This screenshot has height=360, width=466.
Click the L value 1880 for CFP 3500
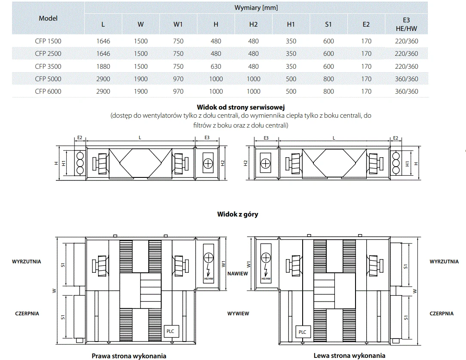point(103,67)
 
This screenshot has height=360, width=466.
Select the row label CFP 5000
point(48,79)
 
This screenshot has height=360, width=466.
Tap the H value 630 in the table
point(216,67)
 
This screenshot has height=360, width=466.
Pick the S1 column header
point(328,24)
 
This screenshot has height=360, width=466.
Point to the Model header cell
point(48,18)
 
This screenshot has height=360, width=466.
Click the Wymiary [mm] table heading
point(256,8)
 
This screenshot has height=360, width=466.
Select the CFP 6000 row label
point(48,92)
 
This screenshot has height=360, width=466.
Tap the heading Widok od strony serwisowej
point(241,107)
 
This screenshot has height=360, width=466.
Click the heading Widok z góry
point(238,214)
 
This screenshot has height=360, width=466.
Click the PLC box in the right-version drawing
point(170,332)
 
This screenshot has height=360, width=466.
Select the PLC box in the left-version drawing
point(302,332)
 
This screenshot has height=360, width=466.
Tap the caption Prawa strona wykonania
point(129,356)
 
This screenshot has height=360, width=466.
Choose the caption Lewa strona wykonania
point(349,355)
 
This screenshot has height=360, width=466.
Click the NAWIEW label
point(238,274)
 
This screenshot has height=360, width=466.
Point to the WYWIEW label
point(238,314)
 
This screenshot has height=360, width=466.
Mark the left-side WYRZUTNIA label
point(27,262)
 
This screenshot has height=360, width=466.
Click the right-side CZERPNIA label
point(441,314)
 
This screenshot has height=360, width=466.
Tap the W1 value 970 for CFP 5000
point(178,79)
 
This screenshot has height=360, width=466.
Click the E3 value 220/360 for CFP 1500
point(406,41)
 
